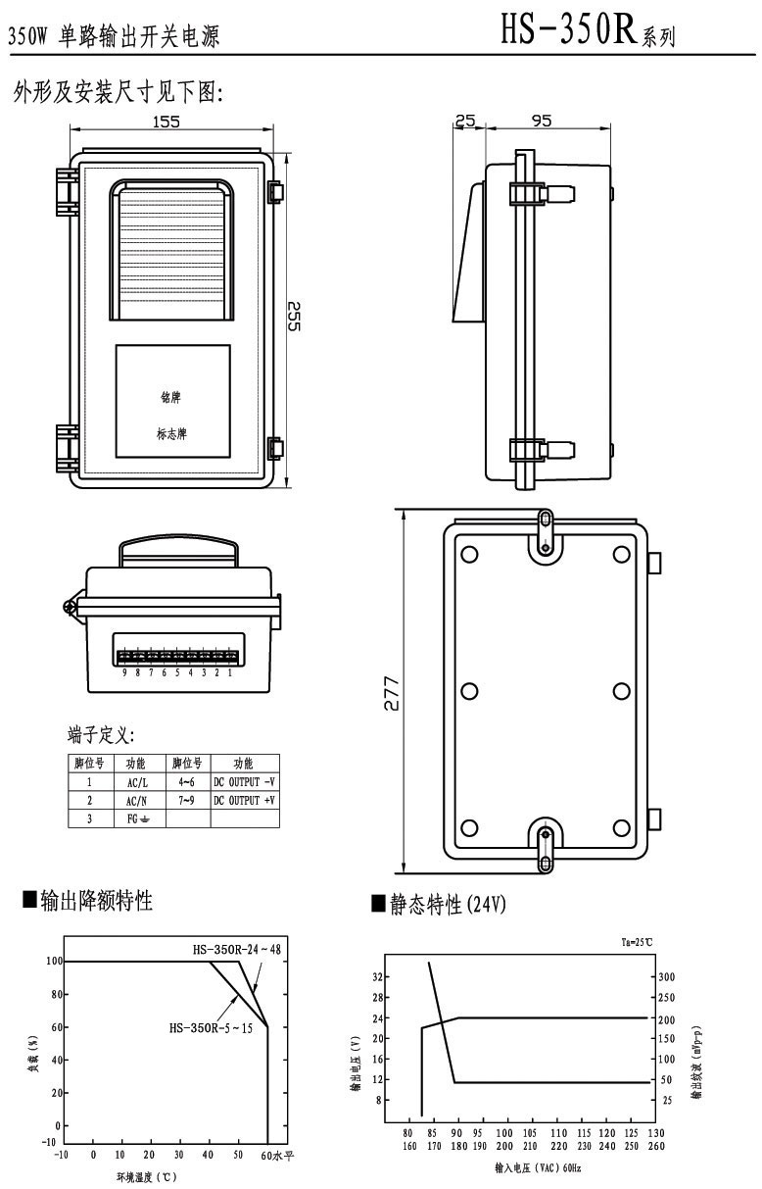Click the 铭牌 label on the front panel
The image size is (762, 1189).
pos(170,398)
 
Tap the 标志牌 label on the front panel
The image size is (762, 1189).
pos(170,433)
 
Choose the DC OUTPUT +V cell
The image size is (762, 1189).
pos(244,800)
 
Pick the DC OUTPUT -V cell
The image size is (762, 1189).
pos(244,782)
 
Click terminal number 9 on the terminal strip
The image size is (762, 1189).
pos(124,673)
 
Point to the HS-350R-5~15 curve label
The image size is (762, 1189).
pos(211,1027)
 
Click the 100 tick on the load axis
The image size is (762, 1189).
pos(53,962)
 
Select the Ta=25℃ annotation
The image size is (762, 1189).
pos(636,942)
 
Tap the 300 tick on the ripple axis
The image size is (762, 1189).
pos(667,977)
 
